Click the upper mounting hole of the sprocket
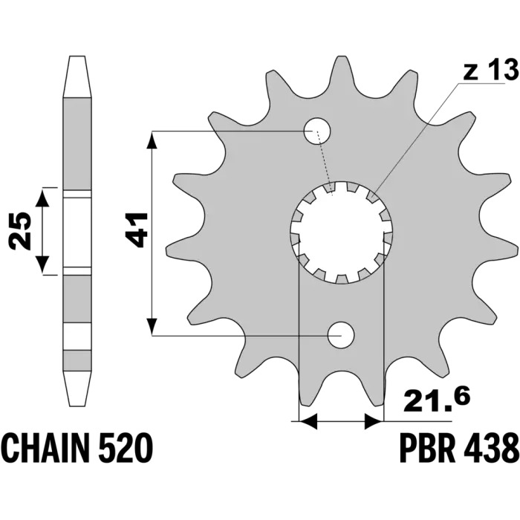click(x=318, y=131)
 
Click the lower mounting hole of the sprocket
click(x=341, y=335)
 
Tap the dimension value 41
click(x=136, y=230)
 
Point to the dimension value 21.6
click(x=437, y=400)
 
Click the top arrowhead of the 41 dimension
click(x=152, y=140)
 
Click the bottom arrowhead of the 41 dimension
click(x=152, y=326)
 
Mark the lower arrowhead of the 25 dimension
click(x=42, y=264)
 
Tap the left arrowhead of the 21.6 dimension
click(x=308, y=421)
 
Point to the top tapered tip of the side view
click(x=77, y=77)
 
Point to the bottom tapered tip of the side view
click(x=77, y=389)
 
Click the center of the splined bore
click(x=342, y=233)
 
